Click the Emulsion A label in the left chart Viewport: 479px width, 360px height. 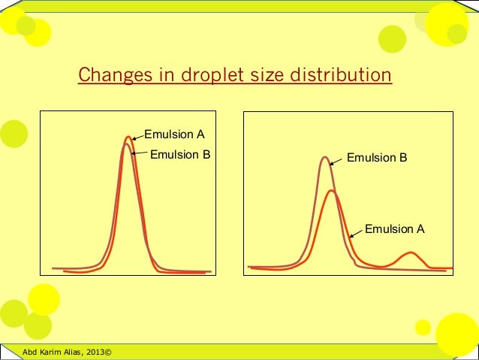[174, 135]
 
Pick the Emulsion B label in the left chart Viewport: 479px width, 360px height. [181, 155]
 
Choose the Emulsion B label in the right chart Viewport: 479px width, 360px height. [377, 159]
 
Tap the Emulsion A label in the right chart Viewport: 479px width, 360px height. [394, 229]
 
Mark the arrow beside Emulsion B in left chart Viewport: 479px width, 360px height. [140, 154]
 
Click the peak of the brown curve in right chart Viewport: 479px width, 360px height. [324, 158]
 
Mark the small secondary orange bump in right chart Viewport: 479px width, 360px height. [410, 253]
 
